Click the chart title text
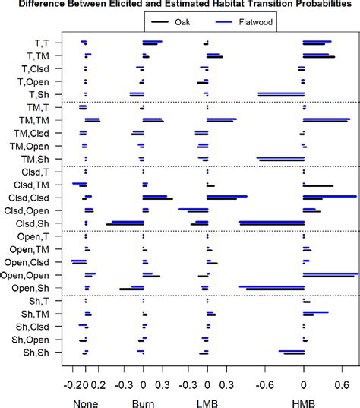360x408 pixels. click(180, 5)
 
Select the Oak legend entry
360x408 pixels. click(182, 21)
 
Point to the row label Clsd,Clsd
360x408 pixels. click(28, 198)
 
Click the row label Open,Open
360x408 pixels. click(26, 275)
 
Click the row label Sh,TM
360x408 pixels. click(35, 314)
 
